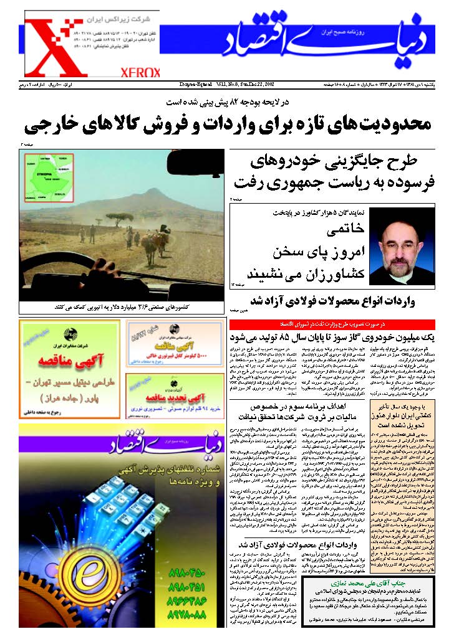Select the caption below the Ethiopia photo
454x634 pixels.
coord(123,308)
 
